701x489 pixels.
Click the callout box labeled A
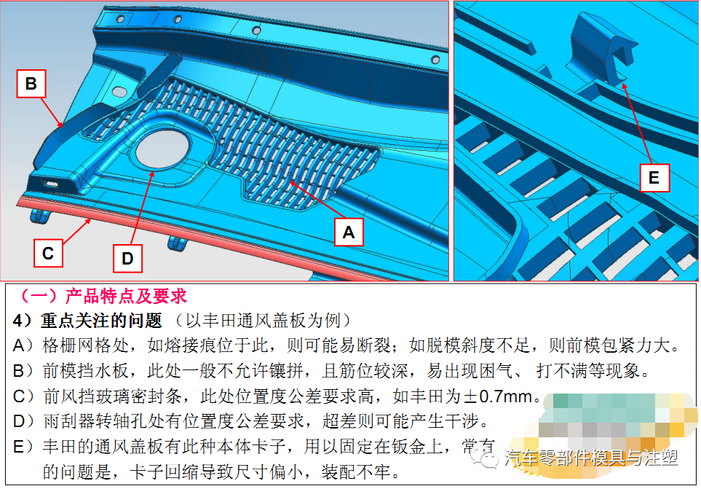coord(349,232)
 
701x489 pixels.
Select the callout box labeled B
coord(31,84)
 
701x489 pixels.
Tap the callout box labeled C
coord(47,254)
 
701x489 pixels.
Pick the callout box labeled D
coord(127,258)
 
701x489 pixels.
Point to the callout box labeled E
coord(653,178)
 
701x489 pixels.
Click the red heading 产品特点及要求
coord(125,297)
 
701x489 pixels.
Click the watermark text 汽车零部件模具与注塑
coord(590,458)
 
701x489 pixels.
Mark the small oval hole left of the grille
coord(117,93)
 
